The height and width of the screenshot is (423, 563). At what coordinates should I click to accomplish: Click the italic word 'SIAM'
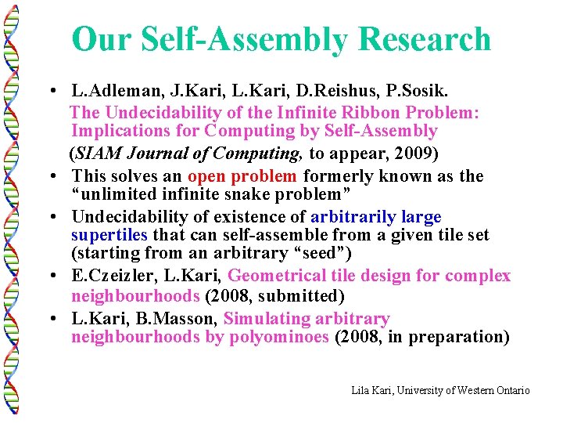pos(99,152)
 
